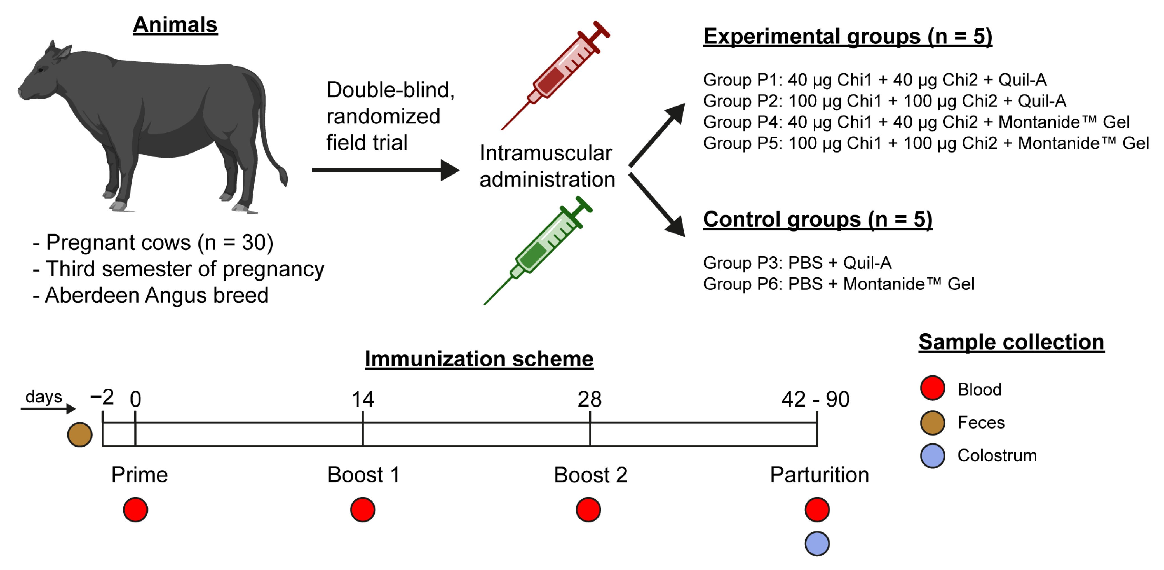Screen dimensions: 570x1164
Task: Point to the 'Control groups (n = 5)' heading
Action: [817, 220]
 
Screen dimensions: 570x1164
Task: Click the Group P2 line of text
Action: [884, 101]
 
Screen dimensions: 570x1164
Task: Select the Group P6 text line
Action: [838, 284]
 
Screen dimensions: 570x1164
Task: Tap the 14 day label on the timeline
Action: [362, 399]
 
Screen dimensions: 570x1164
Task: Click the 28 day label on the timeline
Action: [589, 399]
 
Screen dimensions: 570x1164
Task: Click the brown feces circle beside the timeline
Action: [79, 435]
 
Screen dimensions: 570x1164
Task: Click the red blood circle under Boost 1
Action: [362, 510]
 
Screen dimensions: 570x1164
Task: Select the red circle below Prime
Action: [135, 510]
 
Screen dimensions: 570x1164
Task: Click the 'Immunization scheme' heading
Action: [479, 359]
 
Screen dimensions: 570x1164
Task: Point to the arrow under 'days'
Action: [48, 409]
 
